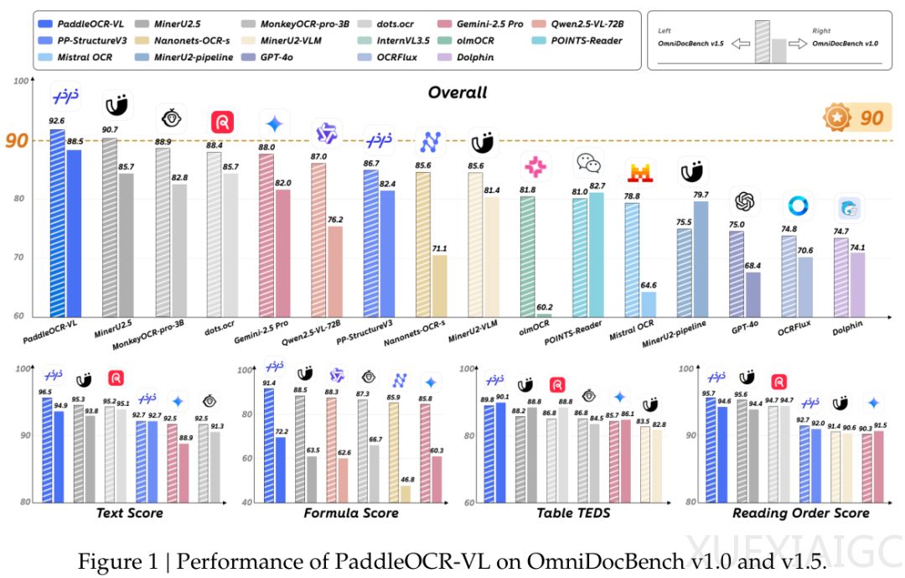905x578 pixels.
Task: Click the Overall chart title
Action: coord(458,92)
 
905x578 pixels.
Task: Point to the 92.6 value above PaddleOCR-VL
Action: coord(58,121)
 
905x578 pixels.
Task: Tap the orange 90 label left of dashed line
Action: coord(16,140)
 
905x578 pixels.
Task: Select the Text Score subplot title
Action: coord(130,513)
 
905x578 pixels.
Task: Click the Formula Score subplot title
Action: coord(351,513)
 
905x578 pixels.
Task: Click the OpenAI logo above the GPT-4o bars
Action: coord(744,202)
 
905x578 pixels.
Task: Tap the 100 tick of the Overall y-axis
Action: coord(18,81)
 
